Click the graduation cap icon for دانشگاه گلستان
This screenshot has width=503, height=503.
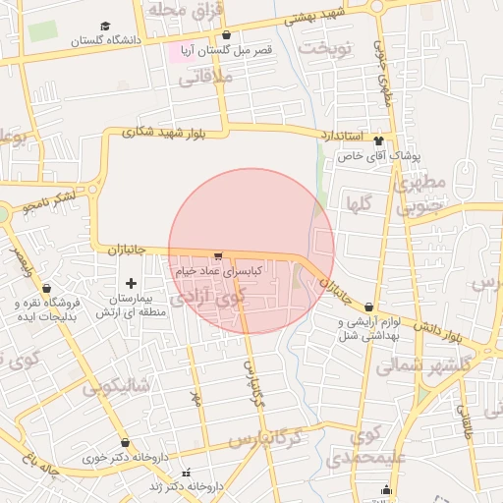pyautogui.click(x=105, y=27)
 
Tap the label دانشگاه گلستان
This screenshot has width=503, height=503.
pyautogui.click(x=103, y=41)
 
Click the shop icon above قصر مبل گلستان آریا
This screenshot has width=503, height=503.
pyautogui.click(x=226, y=34)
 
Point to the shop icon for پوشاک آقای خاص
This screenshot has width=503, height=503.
pyautogui.click(x=378, y=141)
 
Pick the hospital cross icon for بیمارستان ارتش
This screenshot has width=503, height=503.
pyautogui.click(x=131, y=283)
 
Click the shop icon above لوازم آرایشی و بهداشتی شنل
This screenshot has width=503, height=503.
pyautogui.click(x=367, y=307)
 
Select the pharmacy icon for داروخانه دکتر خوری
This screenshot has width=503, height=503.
pyautogui.click(x=125, y=443)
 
